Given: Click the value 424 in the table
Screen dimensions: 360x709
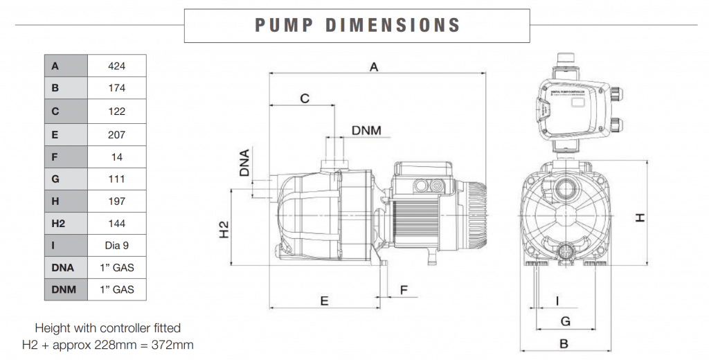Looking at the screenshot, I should click(x=117, y=66).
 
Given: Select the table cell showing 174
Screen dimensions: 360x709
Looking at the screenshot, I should click(x=117, y=89).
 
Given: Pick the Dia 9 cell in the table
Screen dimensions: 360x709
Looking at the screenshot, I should click(x=117, y=245).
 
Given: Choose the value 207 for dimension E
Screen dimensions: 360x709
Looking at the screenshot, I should click(x=117, y=134).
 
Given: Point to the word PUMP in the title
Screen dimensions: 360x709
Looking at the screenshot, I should click(x=280, y=26).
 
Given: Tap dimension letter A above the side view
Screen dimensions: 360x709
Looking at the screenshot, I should click(x=375, y=66).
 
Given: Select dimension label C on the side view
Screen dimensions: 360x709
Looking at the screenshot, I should click(x=304, y=98).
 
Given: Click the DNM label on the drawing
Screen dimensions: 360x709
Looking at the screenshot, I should click(x=366, y=130).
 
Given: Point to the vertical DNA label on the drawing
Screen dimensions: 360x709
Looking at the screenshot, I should click(x=244, y=163).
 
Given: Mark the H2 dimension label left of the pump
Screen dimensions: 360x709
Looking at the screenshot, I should click(x=224, y=229).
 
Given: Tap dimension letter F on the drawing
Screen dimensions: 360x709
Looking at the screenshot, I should click(x=404, y=289).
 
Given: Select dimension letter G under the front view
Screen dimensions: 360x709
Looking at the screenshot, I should click(x=565, y=321).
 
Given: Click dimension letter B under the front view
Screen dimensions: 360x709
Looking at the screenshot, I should click(x=564, y=343).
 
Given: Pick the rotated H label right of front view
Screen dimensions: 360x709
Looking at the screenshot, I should click(x=640, y=217).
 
